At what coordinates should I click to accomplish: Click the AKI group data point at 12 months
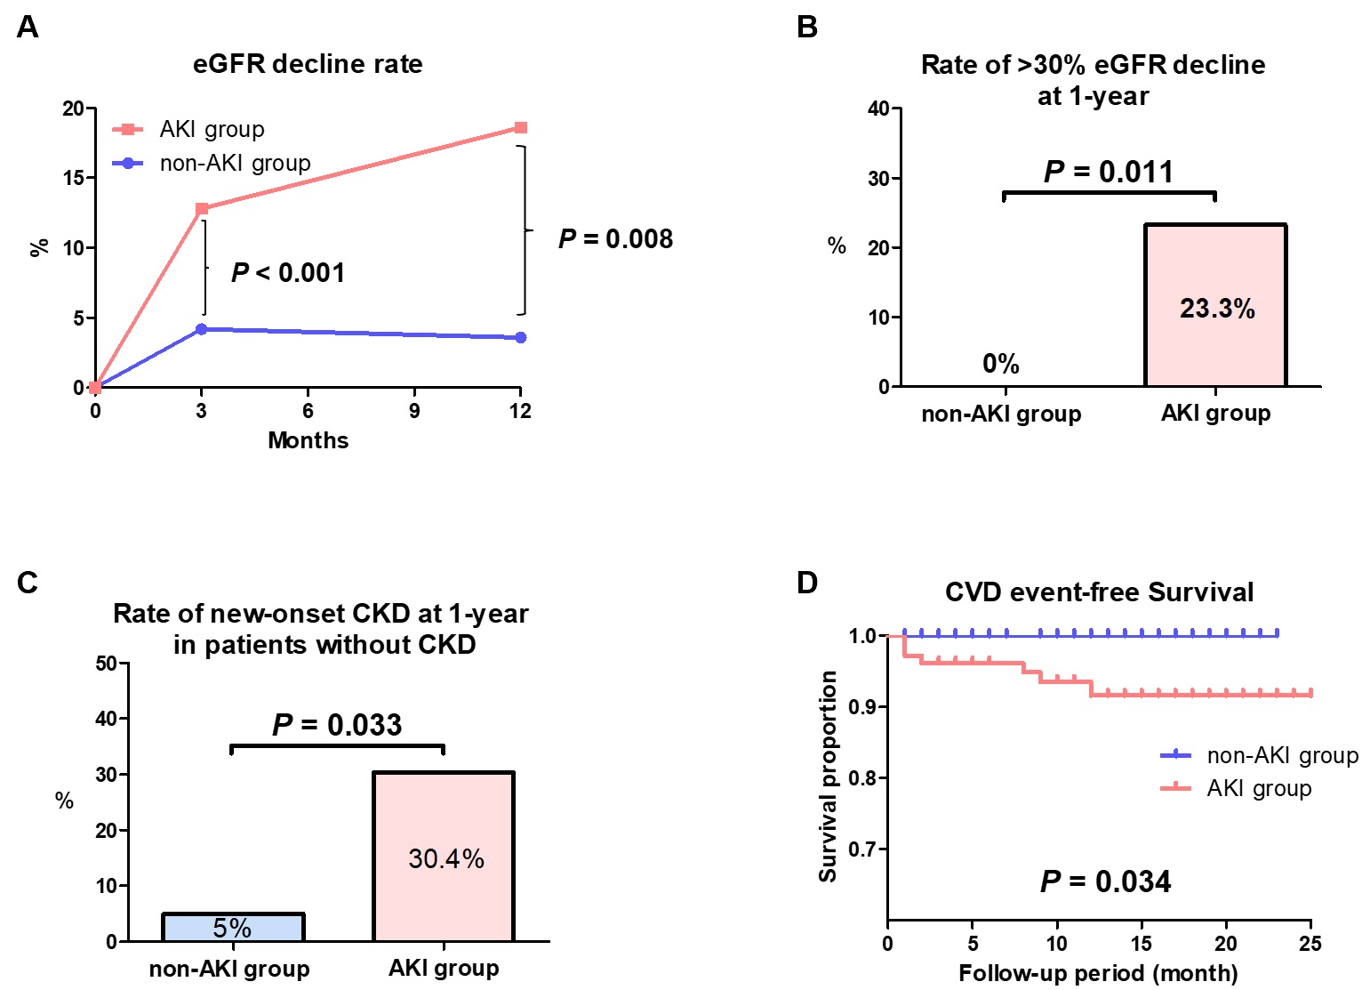click(x=521, y=128)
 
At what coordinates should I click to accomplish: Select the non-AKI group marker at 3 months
click(x=202, y=329)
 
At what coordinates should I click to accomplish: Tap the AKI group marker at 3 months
click(x=202, y=209)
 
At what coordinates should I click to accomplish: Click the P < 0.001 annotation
click(x=288, y=273)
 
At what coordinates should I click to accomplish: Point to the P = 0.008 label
click(x=615, y=239)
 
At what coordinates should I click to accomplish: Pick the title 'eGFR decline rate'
click(x=308, y=64)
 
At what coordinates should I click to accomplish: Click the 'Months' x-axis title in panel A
click(x=308, y=440)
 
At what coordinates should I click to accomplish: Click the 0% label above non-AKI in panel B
click(x=1000, y=364)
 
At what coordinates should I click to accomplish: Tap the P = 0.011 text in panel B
click(x=1108, y=172)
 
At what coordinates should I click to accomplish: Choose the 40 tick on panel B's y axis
click(x=878, y=109)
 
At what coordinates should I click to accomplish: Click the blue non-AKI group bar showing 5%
click(x=233, y=928)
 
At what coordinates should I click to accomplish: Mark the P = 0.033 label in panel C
click(x=337, y=725)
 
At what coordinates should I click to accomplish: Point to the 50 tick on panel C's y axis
click(x=106, y=664)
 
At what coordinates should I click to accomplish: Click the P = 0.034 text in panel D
click(x=1105, y=881)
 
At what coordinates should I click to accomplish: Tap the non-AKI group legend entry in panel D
click(x=1260, y=755)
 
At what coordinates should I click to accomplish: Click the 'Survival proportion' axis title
click(x=828, y=777)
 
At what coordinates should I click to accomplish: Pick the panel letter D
click(x=806, y=583)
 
